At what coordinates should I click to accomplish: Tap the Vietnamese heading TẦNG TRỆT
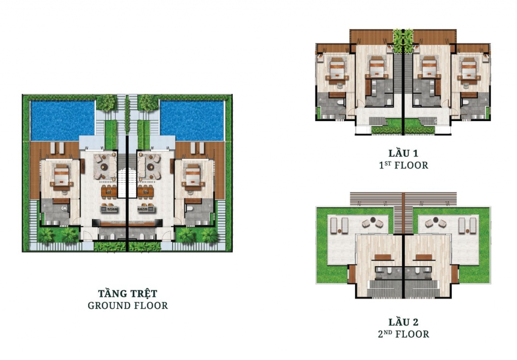[128, 293]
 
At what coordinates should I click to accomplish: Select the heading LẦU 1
[403, 153]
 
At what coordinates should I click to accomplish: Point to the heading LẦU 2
[403, 322]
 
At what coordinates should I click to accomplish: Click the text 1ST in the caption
[385, 165]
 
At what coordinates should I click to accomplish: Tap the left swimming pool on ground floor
[63, 121]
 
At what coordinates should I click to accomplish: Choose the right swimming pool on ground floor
[192, 121]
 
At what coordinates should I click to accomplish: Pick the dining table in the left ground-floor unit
[109, 192]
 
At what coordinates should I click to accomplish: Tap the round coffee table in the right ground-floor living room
[150, 167]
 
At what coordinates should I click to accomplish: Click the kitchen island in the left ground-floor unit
[109, 209]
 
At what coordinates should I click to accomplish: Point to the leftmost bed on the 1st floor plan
[337, 69]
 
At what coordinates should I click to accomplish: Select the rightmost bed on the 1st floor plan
[469, 69]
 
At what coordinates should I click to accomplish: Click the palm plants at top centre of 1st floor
[403, 40]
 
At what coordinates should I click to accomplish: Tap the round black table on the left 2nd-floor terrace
[373, 220]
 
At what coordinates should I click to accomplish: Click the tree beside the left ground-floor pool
[106, 103]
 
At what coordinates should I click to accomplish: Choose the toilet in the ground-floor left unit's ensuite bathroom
[64, 209]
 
